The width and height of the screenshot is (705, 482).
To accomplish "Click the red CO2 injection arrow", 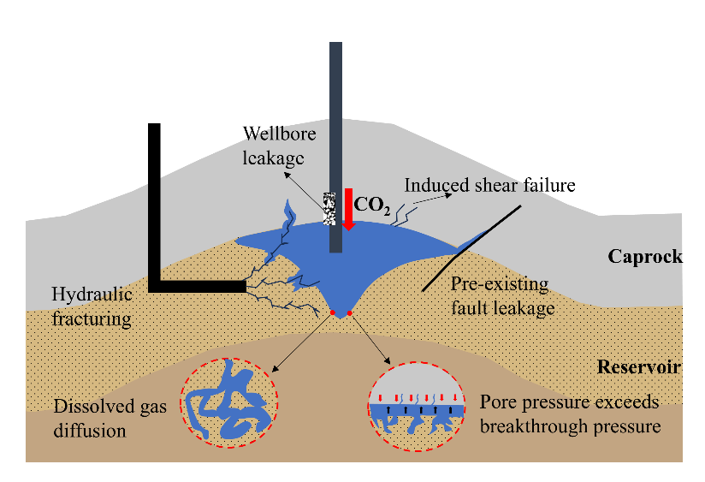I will click(x=349, y=208).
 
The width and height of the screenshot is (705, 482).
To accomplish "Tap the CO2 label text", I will click(x=372, y=205).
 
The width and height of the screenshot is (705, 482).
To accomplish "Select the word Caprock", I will click(x=645, y=256).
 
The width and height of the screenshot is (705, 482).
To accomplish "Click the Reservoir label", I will click(x=638, y=367).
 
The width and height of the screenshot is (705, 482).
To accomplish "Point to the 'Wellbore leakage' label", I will click(x=279, y=146).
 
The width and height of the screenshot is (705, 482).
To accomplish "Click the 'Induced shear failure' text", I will click(x=489, y=185).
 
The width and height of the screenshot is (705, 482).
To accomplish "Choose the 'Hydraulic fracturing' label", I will click(x=92, y=306).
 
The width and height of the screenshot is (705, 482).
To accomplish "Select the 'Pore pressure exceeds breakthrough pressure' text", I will click(x=570, y=414).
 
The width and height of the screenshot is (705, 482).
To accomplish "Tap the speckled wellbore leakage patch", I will click(x=329, y=208).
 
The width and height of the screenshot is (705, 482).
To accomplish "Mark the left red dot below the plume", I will click(x=332, y=313).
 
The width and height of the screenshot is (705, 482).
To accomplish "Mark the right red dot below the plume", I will click(x=349, y=313).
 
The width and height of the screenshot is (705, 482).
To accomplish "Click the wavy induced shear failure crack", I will click(x=400, y=213).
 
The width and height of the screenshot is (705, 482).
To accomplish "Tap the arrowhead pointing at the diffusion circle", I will click(x=274, y=368).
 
